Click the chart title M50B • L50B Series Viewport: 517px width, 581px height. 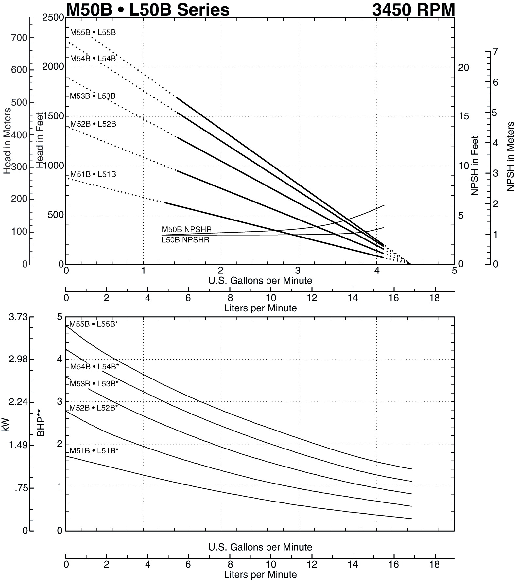coord(147,9)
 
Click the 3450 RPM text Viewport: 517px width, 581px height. coord(413,9)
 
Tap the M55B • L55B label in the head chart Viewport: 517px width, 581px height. coord(93,33)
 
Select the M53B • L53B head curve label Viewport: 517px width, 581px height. coord(93,96)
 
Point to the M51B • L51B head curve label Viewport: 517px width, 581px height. coord(93,174)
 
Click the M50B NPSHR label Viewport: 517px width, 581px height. coord(186,229)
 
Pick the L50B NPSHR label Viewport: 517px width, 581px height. coord(185,240)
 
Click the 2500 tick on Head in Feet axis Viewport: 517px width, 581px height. coord(53,18)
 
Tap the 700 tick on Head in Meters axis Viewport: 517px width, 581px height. coord(19,38)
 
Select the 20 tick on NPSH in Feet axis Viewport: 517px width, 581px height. coord(464,68)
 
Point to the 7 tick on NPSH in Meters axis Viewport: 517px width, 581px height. coord(495,52)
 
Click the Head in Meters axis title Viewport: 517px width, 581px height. coord(7,141)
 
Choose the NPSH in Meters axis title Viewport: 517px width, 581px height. coord(510,156)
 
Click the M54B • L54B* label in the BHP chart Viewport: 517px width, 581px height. coord(95,367)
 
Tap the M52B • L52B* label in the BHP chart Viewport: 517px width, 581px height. coord(94,408)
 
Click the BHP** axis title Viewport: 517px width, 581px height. coord(41,423)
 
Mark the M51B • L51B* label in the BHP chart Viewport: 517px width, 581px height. coord(94,451)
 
